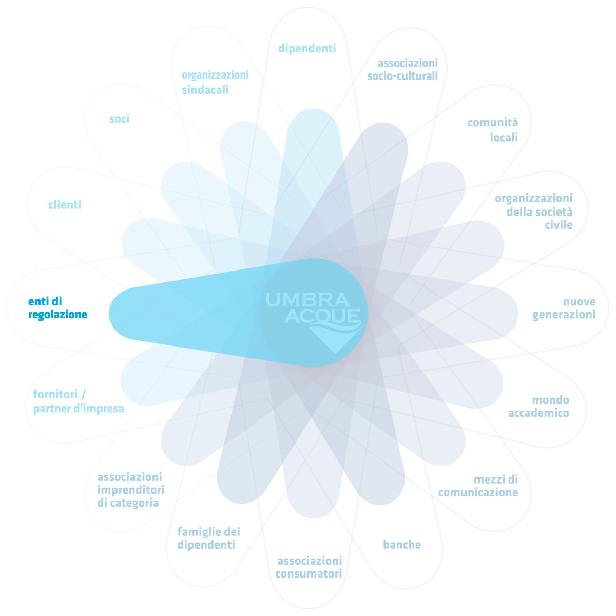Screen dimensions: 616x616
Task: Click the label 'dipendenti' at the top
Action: [307, 48]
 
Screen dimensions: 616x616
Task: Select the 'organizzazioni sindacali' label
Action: [215, 82]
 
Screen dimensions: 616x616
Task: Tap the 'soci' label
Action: [119, 119]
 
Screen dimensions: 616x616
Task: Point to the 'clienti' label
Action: [65, 205]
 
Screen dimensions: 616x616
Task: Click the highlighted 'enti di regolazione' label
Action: [57, 308]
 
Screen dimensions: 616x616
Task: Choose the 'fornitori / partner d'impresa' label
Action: [78, 401]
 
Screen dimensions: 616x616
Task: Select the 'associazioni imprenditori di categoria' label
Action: [130, 490]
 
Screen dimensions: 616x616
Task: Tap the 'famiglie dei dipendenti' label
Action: [208, 538]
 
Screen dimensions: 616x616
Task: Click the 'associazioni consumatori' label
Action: [309, 567]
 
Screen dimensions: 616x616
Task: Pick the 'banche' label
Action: [402, 545]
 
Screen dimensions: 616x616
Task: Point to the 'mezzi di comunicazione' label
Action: [478, 486]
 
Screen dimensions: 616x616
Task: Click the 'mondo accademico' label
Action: [538, 407]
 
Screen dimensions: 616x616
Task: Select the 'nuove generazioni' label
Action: [564, 308]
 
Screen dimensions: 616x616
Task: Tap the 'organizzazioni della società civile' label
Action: [534, 211]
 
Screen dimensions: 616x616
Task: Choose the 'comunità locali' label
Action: [493, 130]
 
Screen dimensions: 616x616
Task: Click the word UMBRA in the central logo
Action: [307, 299]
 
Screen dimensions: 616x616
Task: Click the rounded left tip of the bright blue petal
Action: [119, 314]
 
